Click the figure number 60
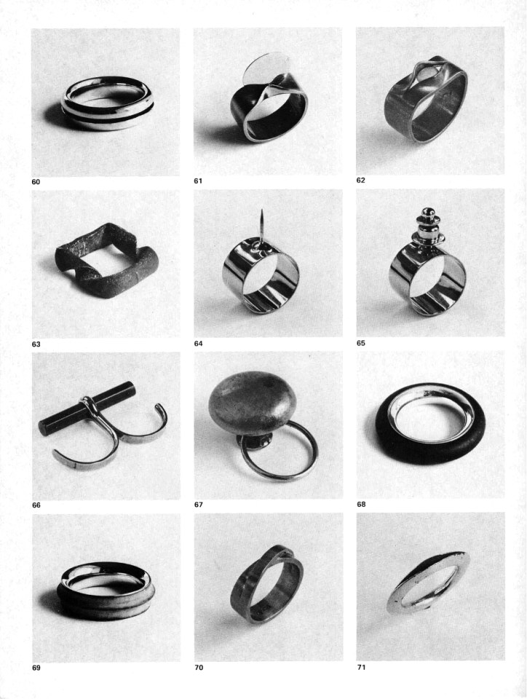(36, 182)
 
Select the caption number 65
(361, 343)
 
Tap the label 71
(361, 667)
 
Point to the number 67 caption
(198, 505)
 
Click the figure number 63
(36, 344)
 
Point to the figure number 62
(361, 181)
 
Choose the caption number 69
(36, 668)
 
